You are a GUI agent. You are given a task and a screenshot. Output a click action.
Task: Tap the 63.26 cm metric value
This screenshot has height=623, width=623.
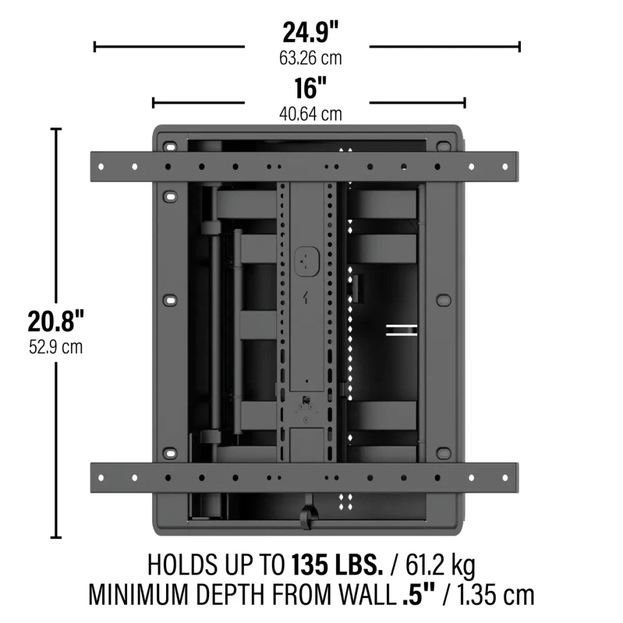coord(310,59)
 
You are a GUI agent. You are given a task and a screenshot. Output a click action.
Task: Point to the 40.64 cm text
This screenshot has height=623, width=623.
coord(310,114)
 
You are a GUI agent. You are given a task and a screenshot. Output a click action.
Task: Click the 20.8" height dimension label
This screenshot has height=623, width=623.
coord(55,321)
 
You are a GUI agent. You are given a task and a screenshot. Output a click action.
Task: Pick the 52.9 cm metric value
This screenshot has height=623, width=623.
coord(55,347)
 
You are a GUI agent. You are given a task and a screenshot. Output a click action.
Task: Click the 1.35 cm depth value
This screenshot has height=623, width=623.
coord(493,594)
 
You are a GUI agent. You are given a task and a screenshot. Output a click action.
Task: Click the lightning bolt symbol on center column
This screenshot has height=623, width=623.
coord(307,298)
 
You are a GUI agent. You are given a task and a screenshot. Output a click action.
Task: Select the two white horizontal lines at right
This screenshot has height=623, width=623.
coord(402,330)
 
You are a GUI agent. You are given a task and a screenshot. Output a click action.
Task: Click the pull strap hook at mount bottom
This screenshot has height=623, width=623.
coord(308,514)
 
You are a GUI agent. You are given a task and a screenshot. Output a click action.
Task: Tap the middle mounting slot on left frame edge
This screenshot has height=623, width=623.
coord(170,301)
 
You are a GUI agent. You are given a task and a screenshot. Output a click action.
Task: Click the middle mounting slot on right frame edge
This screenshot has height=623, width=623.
coord(444,301)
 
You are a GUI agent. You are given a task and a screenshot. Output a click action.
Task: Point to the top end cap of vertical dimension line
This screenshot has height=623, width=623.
coord(56,129)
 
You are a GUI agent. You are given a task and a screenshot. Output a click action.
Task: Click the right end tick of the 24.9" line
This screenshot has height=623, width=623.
coord(520,46)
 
